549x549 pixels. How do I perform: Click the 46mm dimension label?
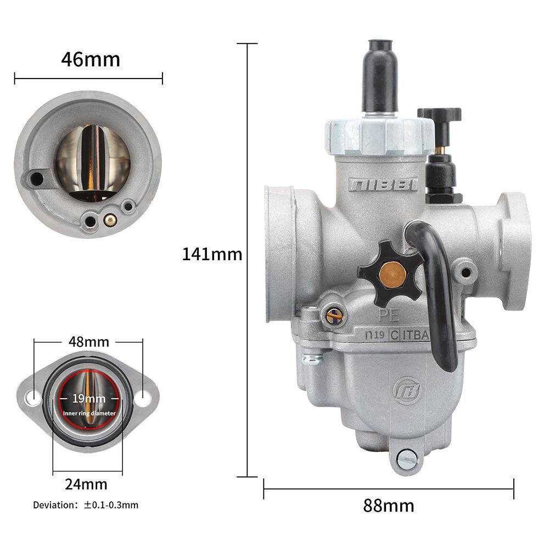91,59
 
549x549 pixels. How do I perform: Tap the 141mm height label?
212,254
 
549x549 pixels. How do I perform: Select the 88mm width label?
389,505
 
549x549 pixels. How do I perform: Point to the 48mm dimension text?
88,341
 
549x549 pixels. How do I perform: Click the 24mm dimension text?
86,484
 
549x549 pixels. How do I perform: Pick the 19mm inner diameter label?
89,399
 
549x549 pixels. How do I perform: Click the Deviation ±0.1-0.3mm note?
86,505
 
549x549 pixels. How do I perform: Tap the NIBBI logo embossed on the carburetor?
383,184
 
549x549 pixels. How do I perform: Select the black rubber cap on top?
380,76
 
